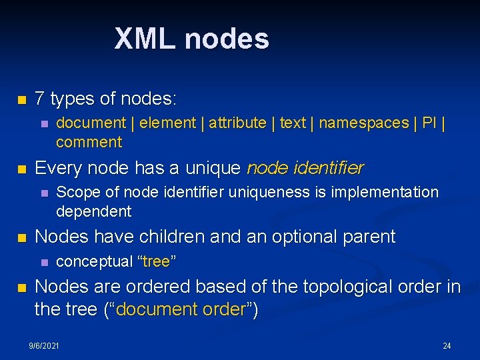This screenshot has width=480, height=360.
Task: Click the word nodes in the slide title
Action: tap(227, 39)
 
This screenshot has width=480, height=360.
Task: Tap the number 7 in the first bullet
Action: tap(40, 99)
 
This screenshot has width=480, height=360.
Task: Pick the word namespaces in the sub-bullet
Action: tap(363, 123)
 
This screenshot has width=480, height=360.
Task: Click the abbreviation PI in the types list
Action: tap(429, 123)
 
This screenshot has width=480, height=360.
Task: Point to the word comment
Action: tap(89, 142)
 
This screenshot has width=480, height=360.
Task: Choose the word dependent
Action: tap(93, 212)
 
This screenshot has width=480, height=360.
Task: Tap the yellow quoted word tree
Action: tap(157, 261)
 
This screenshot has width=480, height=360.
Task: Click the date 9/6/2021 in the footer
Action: tap(44, 345)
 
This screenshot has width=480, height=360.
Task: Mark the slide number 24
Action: tap(447, 345)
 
